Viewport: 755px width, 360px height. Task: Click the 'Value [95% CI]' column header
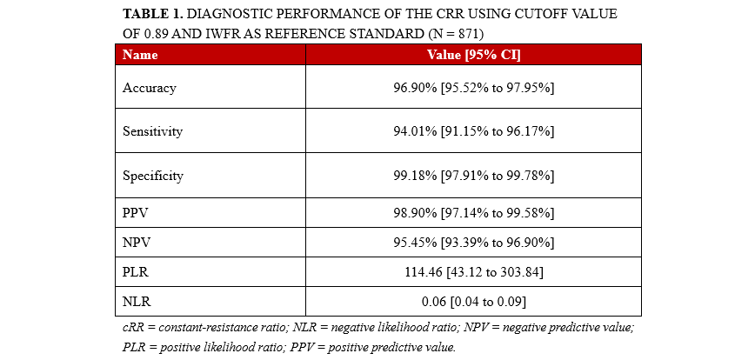click(473, 55)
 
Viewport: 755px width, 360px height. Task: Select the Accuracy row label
click(150, 88)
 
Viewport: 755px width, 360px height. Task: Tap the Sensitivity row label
click(153, 131)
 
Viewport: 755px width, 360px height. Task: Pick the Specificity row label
click(153, 176)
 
